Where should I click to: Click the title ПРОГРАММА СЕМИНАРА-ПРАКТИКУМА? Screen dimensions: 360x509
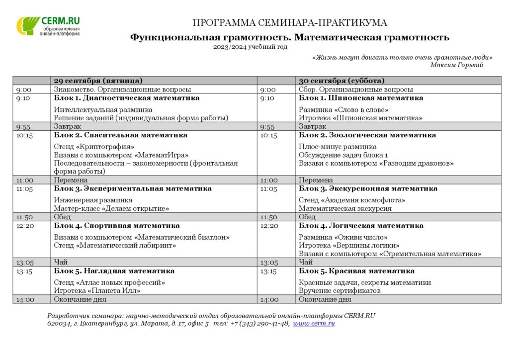click(x=290, y=23)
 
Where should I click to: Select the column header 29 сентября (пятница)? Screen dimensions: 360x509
click(x=98, y=81)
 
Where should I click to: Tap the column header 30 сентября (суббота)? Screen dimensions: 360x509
click(x=341, y=81)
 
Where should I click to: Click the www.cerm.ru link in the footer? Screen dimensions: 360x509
click(x=314, y=323)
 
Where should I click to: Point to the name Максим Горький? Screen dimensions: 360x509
click(x=456, y=65)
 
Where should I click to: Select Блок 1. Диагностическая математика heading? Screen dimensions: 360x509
click(x=127, y=98)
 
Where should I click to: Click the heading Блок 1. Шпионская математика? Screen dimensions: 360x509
click(x=361, y=98)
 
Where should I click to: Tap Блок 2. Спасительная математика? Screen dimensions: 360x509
click(x=121, y=135)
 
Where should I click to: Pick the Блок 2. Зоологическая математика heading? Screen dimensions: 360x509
click(x=367, y=135)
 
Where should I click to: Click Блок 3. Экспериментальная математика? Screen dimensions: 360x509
click(x=133, y=188)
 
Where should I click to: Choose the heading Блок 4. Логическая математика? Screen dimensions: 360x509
click(x=361, y=225)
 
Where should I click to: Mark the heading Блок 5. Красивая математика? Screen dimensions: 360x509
click(x=356, y=271)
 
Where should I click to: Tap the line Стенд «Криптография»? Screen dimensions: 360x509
click(x=94, y=147)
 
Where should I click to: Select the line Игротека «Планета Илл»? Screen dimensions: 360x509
click(x=97, y=290)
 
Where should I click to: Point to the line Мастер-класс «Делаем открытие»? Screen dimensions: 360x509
click(x=111, y=208)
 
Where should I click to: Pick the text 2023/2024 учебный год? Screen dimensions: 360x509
click(x=250, y=47)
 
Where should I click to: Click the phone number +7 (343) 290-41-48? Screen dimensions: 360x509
click(x=259, y=323)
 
